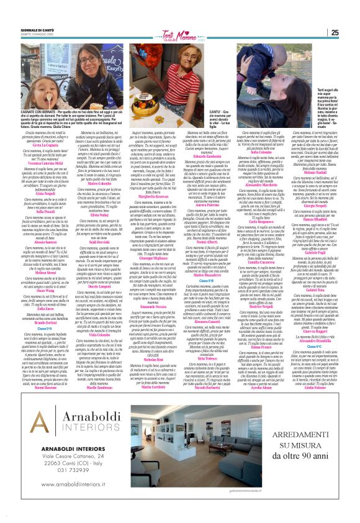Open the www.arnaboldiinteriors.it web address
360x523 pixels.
pos(68,483)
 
